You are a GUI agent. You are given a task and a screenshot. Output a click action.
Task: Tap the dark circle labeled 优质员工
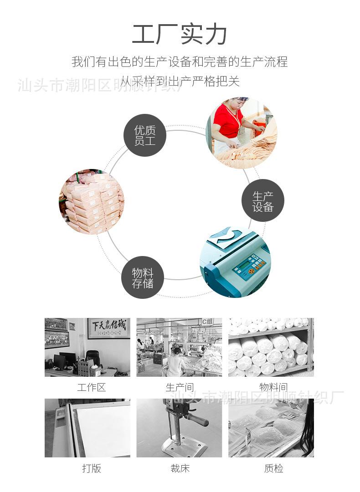pos(145,135)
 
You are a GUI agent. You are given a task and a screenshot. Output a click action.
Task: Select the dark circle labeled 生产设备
pos(262,201)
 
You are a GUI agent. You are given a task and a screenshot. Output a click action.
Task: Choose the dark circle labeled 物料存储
pos(142,277)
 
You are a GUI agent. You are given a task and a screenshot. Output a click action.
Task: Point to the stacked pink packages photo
pos(92,202)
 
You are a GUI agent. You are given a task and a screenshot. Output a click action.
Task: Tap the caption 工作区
pos(91,388)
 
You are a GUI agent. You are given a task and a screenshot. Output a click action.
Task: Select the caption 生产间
pos(179,388)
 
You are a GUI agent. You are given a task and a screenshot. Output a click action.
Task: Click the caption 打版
pos(91,468)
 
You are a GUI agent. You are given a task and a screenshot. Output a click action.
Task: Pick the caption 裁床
pos(180,468)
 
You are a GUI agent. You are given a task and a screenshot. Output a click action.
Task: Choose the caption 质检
pos(273,468)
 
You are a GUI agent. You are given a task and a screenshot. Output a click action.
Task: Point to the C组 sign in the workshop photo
pos(208,322)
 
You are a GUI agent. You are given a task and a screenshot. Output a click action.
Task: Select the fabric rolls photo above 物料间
pos(271,347)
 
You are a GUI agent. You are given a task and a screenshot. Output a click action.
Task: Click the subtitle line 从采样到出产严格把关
pos(180,82)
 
